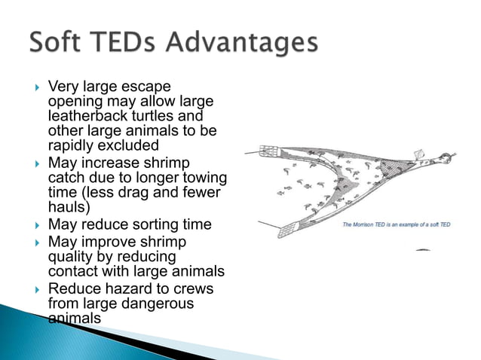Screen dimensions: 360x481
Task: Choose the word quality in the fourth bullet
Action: coord(71,257)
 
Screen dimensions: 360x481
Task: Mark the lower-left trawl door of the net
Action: coord(285,232)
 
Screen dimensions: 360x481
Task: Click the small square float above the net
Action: coord(420,154)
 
